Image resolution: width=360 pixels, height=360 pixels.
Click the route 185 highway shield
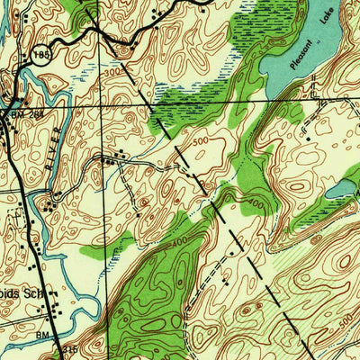tap(41, 55)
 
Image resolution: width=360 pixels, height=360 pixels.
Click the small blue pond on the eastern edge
tap(342, 188)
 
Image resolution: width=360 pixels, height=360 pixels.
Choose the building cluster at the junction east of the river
tap(112, 158)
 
